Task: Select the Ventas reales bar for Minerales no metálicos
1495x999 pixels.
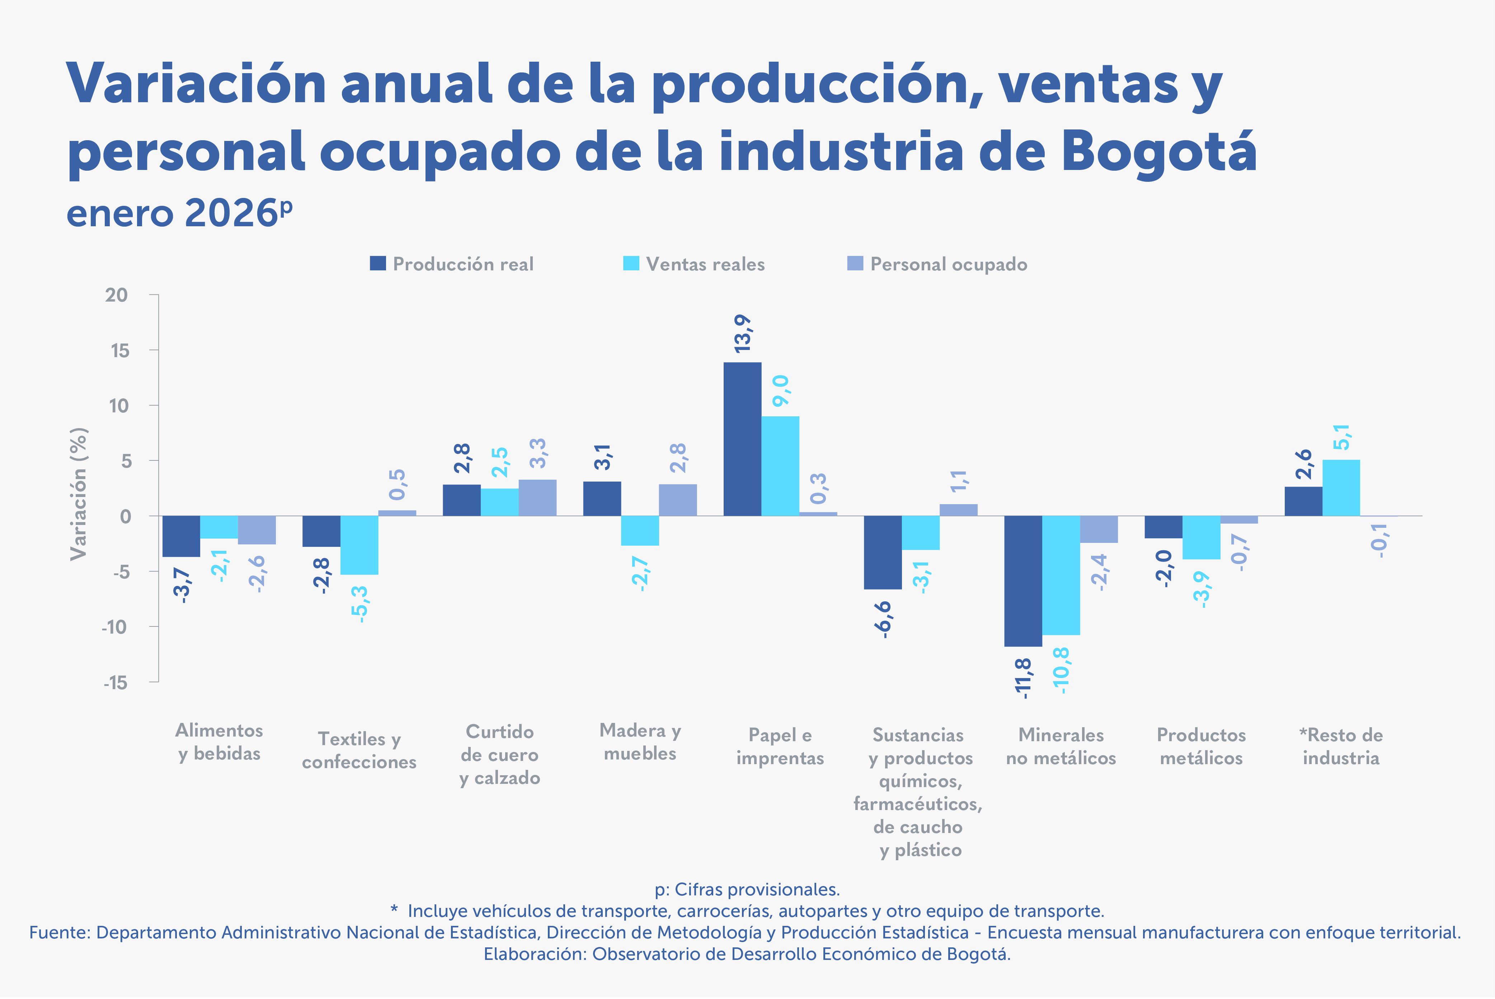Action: [x=1061, y=575]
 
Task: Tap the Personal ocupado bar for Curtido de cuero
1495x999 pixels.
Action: [x=537, y=498]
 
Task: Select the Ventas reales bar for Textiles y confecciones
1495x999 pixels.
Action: [x=359, y=545]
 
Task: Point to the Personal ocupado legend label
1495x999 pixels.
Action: [x=949, y=264]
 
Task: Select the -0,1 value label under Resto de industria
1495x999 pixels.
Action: [x=1379, y=541]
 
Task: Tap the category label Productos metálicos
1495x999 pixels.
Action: [x=1201, y=747]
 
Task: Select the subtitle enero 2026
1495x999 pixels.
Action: [x=179, y=213]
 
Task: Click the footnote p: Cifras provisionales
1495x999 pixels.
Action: [x=747, y=889]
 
